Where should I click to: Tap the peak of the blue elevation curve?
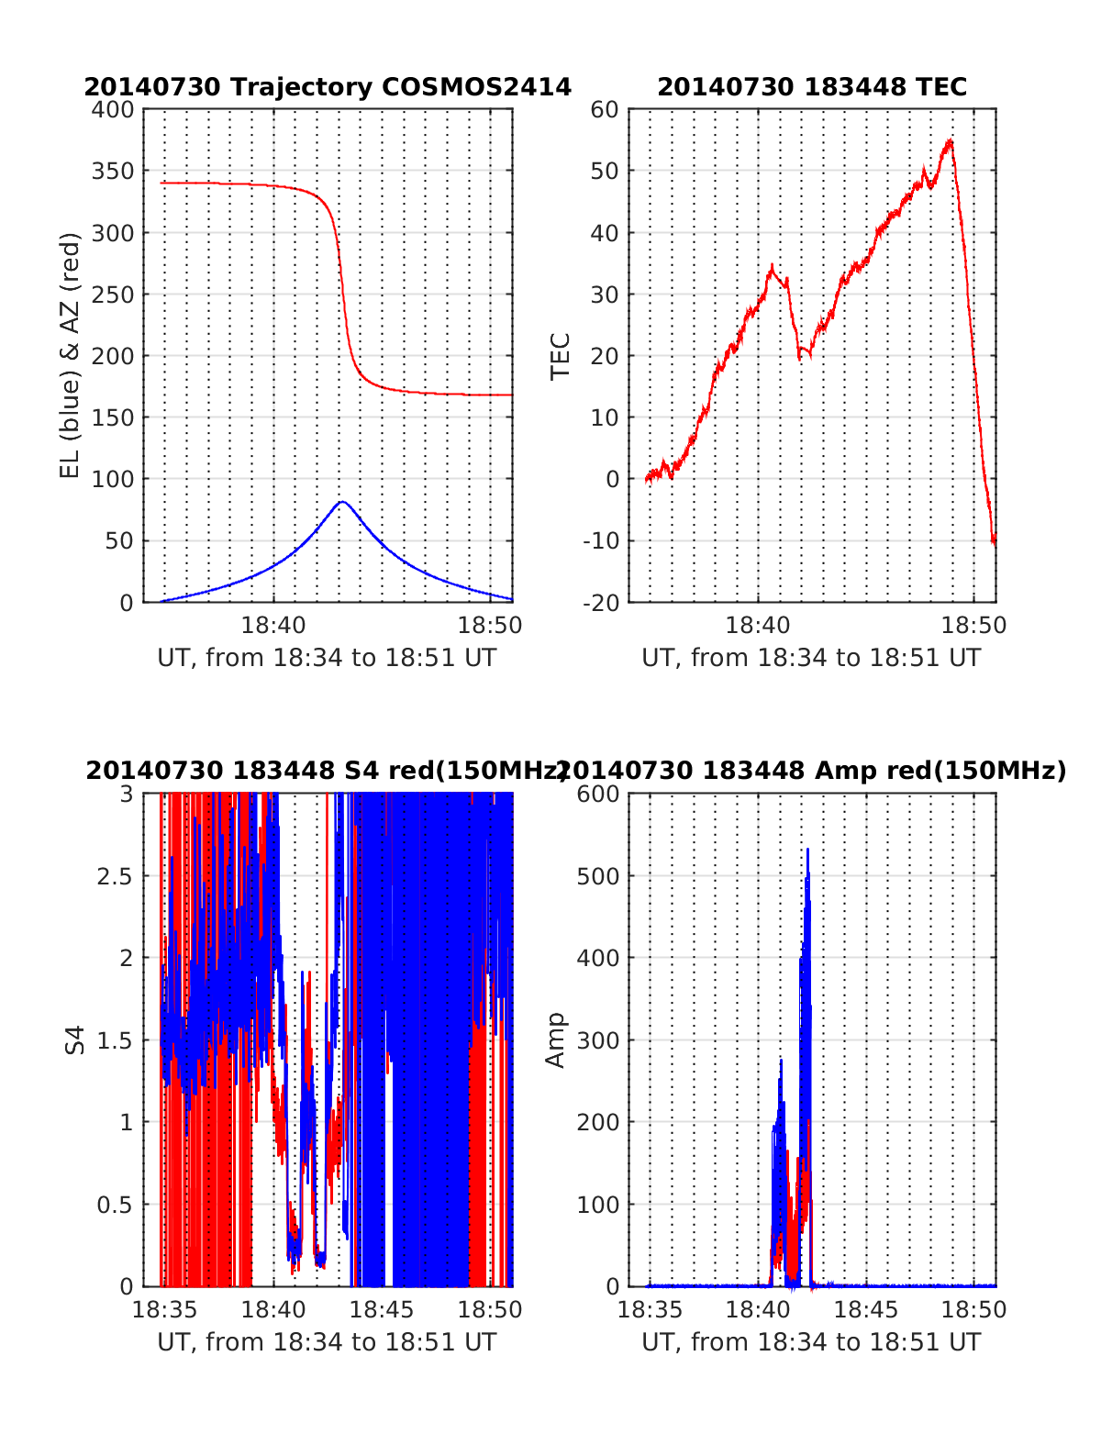pos(342,502)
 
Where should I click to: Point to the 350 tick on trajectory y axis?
pos(112,172)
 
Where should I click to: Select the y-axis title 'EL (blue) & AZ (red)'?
pos(70,355)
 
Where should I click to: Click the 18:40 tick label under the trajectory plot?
pos(272,626)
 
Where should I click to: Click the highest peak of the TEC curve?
pos(950,140)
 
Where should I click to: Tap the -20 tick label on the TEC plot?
pos(601,603)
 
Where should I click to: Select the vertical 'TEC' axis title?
pos(560,356)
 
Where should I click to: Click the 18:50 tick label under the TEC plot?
pos(973,626)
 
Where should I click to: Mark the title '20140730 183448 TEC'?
pos(812,87)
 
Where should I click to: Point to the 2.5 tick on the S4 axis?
pos(115,876)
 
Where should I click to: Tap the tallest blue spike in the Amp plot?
pos(807,850)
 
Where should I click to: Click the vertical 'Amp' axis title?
pos(555,1040)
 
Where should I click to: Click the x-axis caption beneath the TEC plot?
pos(811,658)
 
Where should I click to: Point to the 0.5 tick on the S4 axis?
pos(115,1205)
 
